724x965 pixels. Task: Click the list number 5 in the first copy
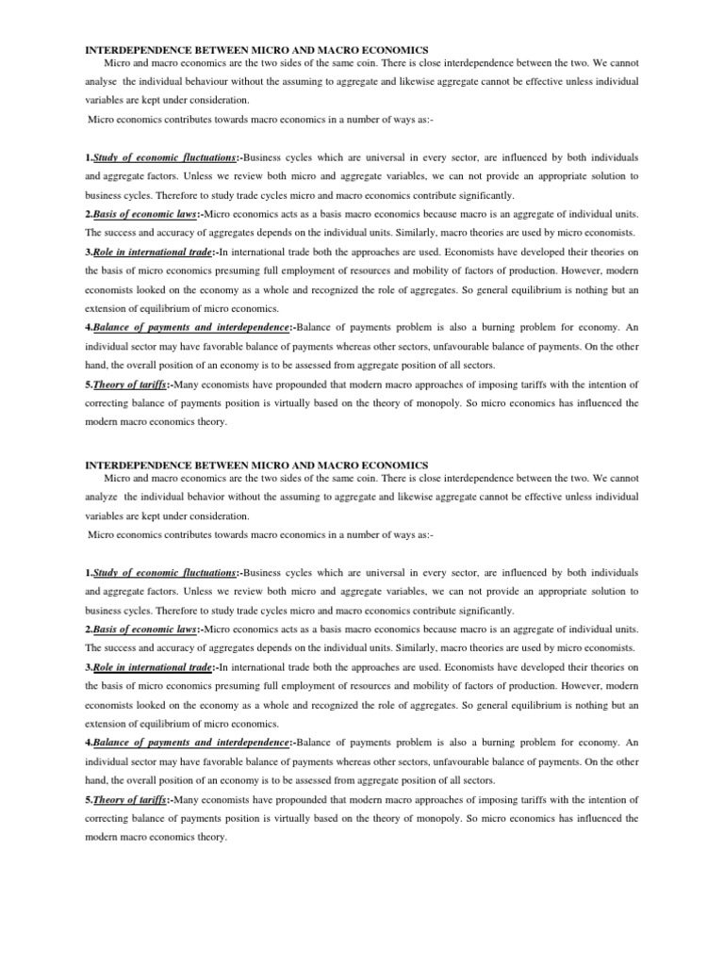[89, 384]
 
